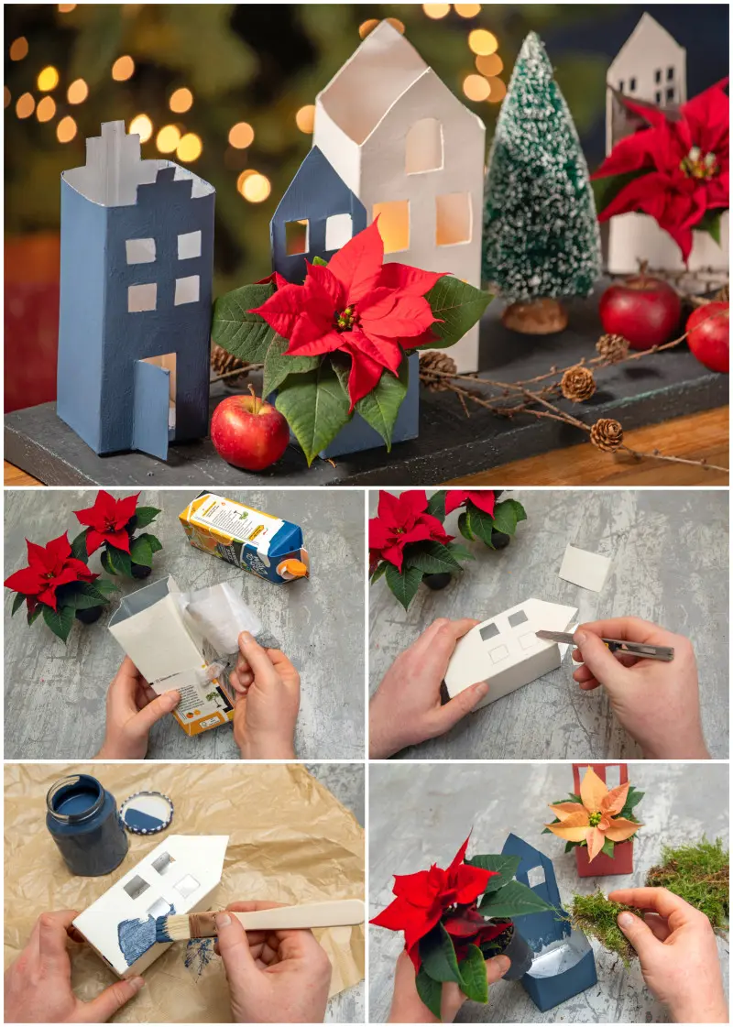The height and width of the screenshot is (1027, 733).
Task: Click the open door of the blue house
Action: (150, 409)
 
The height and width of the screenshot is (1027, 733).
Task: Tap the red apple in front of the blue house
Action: (249, 432)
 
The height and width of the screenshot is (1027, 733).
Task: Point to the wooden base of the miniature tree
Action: (536, 316)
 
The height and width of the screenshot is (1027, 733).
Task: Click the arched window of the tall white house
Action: (423, 146)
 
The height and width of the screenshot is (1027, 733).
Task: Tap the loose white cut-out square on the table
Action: (584, 568)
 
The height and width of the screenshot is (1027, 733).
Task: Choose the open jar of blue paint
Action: (86, 825)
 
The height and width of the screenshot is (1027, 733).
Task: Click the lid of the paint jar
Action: (147, 814)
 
